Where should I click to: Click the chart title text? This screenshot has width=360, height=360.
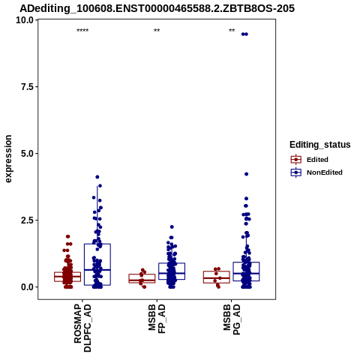[x=157, y=8]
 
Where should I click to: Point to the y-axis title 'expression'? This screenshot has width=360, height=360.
[x=8, y=159]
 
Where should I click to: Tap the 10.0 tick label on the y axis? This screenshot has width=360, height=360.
[x=25, y=20]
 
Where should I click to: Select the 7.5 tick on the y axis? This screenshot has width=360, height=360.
[x=27, y=87]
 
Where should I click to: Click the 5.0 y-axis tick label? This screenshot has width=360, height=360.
[x=27, y=154]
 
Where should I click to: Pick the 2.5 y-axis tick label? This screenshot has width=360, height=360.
[x=27, y=220]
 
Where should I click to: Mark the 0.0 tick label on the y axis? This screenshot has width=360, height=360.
[x=27, y=287]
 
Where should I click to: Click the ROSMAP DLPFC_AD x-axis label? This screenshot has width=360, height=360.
[x=82, y=328]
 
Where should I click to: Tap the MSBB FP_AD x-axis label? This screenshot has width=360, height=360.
[x=157, y=319]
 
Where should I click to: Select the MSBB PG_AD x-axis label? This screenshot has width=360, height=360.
[x=232, y=319]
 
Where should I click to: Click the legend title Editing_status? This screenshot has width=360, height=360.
[x=320, y=145]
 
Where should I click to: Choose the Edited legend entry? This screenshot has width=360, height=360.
[x=309, y=160]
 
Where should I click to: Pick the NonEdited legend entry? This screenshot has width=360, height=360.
[x=316, y=172]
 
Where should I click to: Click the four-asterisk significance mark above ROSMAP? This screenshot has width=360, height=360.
[x=82, y=31]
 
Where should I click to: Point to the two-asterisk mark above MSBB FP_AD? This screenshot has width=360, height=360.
[x=157, y=31]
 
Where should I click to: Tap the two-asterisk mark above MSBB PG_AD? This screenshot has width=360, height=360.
[x=232, y=31]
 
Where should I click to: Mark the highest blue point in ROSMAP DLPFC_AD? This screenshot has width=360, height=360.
[x=97, y=177]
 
